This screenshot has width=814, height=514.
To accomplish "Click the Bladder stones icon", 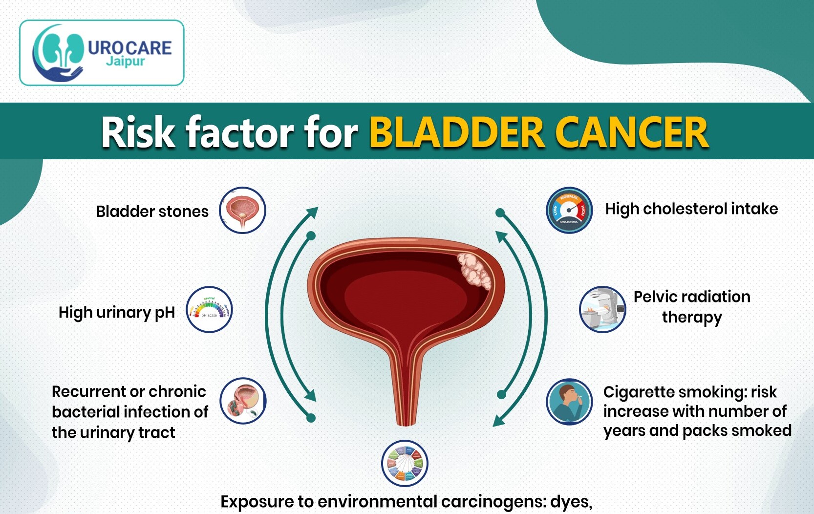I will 242,211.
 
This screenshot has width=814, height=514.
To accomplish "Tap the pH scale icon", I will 210,310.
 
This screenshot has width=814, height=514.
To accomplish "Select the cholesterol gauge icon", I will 569,211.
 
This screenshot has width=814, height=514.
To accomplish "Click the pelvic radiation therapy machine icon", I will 602,310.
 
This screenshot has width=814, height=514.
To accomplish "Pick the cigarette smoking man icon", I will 569,402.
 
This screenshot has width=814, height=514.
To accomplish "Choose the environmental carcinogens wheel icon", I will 405,464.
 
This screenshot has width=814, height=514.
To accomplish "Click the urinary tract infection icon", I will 243,401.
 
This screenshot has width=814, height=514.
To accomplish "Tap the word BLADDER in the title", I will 457,132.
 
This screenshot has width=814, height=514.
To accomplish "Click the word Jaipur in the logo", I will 126,62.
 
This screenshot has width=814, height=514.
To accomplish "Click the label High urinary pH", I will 117,312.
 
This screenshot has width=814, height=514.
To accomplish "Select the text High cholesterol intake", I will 691,209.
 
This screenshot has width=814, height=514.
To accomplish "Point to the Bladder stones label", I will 152,212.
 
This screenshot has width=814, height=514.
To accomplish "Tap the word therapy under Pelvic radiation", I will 692,318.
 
